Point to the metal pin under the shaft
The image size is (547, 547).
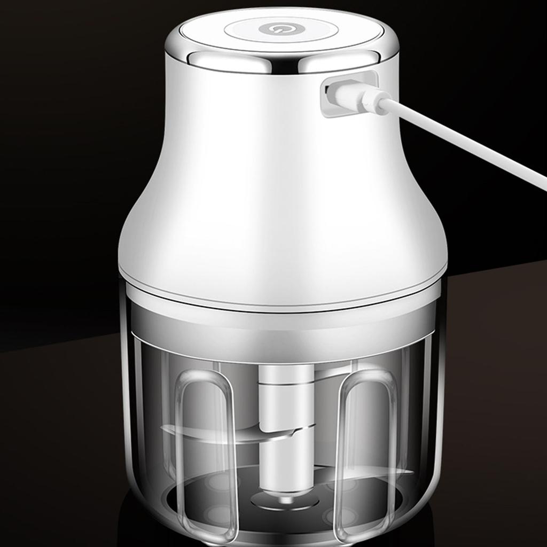pos(286,499)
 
